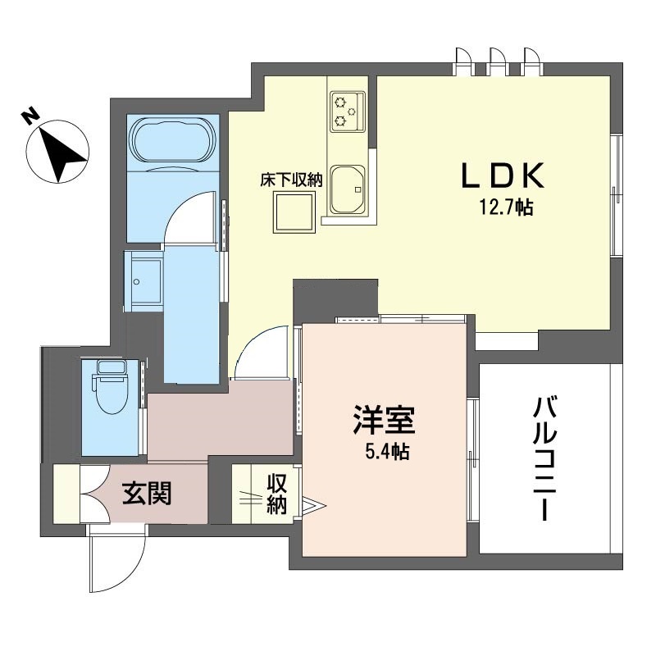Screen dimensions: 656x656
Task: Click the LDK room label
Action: [503, 175]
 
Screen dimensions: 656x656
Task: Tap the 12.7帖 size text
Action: [506, 207]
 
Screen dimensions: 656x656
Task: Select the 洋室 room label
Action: [384, 420]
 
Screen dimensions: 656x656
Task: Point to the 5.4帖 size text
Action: [387, 452]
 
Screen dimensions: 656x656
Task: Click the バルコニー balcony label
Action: [545, 459]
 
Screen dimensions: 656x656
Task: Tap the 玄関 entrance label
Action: [147, 494]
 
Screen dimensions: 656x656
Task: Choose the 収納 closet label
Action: [277, 494]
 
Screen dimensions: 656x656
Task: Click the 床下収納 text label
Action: [292, 180]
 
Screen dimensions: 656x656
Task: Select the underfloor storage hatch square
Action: [294, 212]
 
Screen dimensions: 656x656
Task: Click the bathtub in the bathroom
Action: [173, 139]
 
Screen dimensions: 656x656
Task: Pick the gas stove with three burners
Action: [347, 112]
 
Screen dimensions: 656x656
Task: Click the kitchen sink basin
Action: [347, 189]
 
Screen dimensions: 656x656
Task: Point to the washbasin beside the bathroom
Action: [143, 281]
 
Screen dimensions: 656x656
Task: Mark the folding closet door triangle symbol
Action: [314, 505]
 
